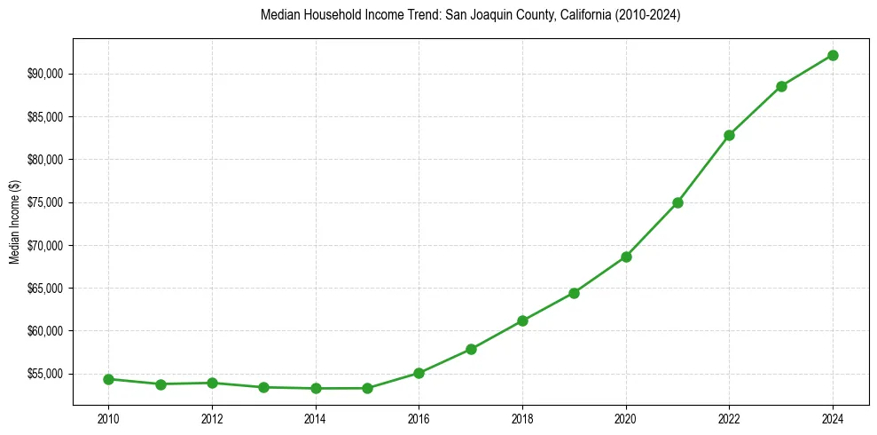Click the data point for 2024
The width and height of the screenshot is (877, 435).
(x=833, y=55)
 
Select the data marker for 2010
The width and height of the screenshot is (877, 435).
(x=108, y=379)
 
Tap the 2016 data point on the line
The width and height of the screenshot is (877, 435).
(x=419, y=373)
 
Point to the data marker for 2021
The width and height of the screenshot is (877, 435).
(x=677, y=202)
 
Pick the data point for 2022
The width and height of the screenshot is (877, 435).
(x=729, y=135)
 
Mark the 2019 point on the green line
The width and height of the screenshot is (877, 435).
(x=574, y=293)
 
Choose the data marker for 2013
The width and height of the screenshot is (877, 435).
(x=263, y=387)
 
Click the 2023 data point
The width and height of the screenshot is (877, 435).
(x=781, y=86)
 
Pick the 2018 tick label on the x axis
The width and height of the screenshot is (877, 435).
(x=522, y=418)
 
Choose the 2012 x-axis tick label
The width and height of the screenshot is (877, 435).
(x=212, y=418)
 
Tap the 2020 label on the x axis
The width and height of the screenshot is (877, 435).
(x=626, y=418)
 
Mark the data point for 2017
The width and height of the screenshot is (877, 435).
(x=471, y=349)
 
